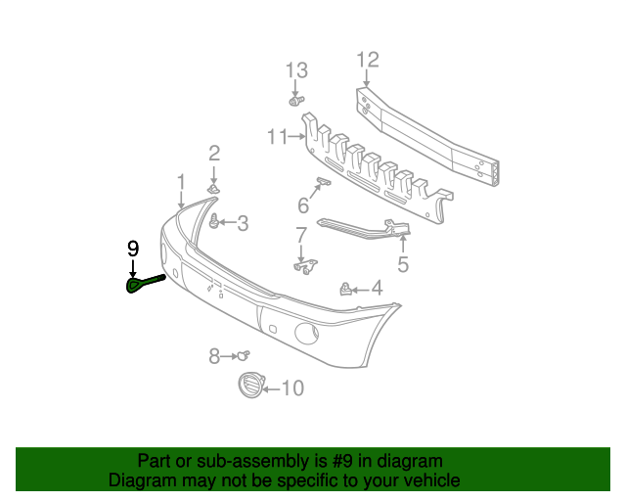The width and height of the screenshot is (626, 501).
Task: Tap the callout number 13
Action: [x=296, y=70]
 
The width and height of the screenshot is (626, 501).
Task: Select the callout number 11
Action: [x=278, y=136]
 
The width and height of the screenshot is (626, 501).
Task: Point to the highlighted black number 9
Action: [x=133, y=249]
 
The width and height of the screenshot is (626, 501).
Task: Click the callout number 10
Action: [x=292, y=388]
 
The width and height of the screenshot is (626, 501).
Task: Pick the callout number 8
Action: [x=214, y=356]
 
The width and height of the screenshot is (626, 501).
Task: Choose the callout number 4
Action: [x=377, y=290]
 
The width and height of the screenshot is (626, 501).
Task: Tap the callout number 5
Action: [x=403, y=263]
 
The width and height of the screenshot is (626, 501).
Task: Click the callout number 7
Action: [x=301, y=234]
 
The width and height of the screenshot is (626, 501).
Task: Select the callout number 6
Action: [x=303, y=205]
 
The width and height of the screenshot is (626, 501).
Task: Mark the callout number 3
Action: [x=243, y=224]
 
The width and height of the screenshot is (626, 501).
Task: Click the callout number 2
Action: [x=214, y=153]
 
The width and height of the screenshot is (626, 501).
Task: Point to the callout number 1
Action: [x=181, y=181]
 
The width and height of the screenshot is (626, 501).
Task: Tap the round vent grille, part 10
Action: [x=251, y=387]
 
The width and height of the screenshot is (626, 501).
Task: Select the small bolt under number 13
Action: [x=295, y=100]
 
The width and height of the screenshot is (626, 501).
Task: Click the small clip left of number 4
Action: [x=345, y=289]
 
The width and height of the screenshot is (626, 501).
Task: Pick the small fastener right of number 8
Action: [x=244, y=355]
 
